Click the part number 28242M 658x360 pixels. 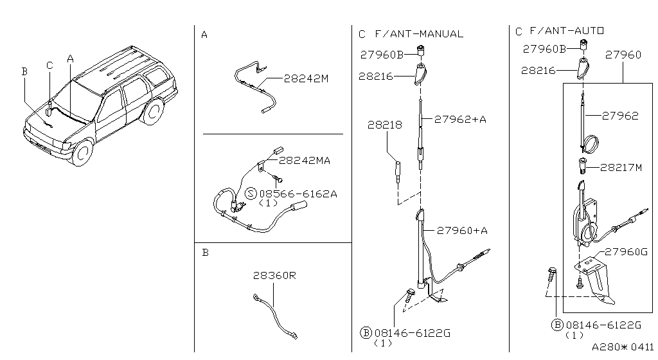pyautogui.click(x=306, y=79)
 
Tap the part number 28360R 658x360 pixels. pyautogui.click(x=274, y=275)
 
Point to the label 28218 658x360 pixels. pyautogui.click(x=385, y=125)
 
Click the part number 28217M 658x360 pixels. pyautogui.click(x=621, y=167)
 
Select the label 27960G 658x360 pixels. pyautogui.click(x=626, y=251)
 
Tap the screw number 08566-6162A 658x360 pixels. pyautogui.click(x=298, y=193)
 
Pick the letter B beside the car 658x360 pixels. pyautogui.click(x=24, y=71)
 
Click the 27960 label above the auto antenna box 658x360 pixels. pyautogui.click(x=623, y=55)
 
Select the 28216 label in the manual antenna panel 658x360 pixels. pyautogui.click(x=376, y=76)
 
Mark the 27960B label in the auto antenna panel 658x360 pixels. pyautogui.click(x=544, y=48)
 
